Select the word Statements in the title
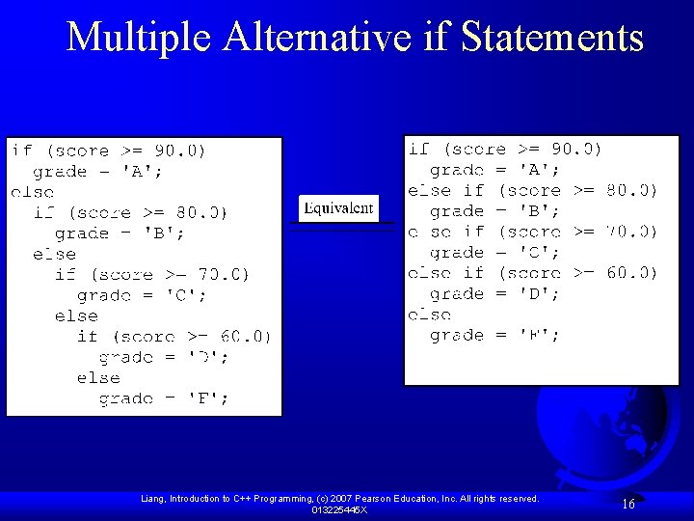552,37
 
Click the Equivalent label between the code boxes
338,208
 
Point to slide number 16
627,505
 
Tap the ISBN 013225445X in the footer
338,509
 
